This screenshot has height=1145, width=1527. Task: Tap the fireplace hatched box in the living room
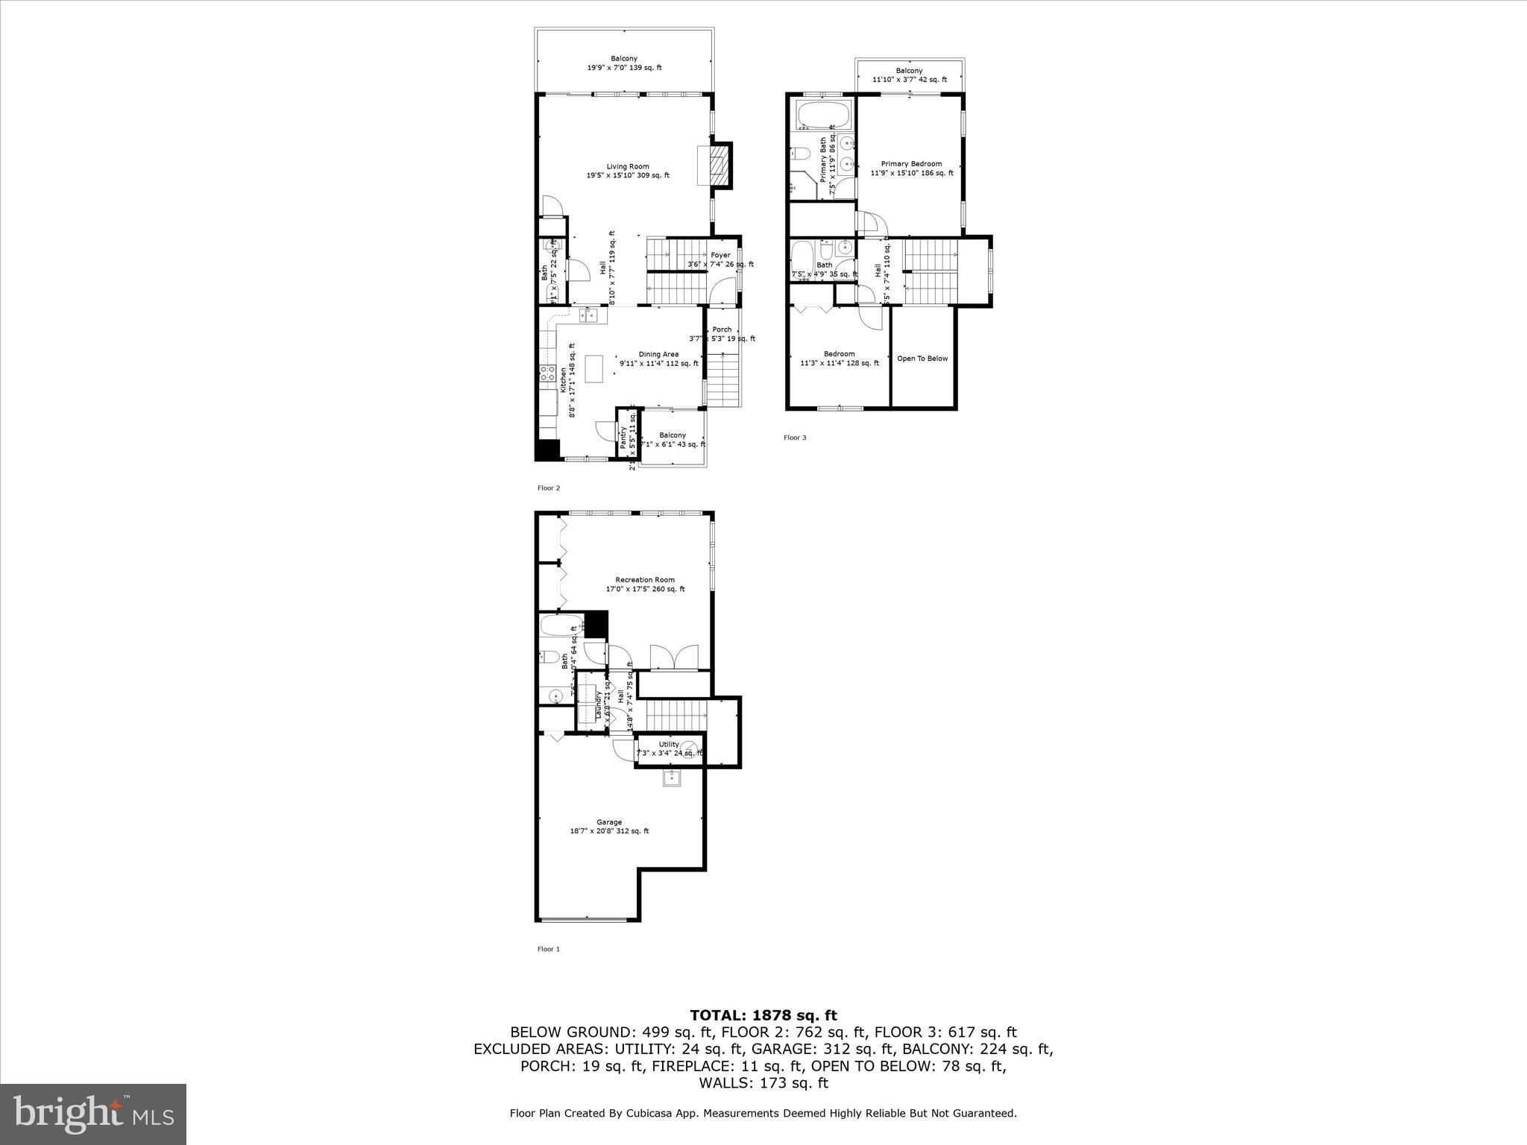click(717, 165)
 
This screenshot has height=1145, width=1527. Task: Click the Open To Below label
click(922, 359)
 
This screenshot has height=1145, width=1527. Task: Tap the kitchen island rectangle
click(594, 369)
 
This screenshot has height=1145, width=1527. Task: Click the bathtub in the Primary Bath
click(822, 116)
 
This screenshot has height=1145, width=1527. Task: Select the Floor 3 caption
click(795, 438)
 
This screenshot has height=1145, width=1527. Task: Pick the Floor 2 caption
click(549, 488)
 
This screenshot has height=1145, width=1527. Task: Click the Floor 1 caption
click(549, 949)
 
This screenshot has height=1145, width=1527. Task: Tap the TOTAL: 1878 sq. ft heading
click(763, 1015)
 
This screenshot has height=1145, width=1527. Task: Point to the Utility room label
click(669, 745)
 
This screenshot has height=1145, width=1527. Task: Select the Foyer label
click(720, 256)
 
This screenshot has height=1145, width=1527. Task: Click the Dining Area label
click(658, 355)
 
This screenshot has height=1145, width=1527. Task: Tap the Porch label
click(722, 329)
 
